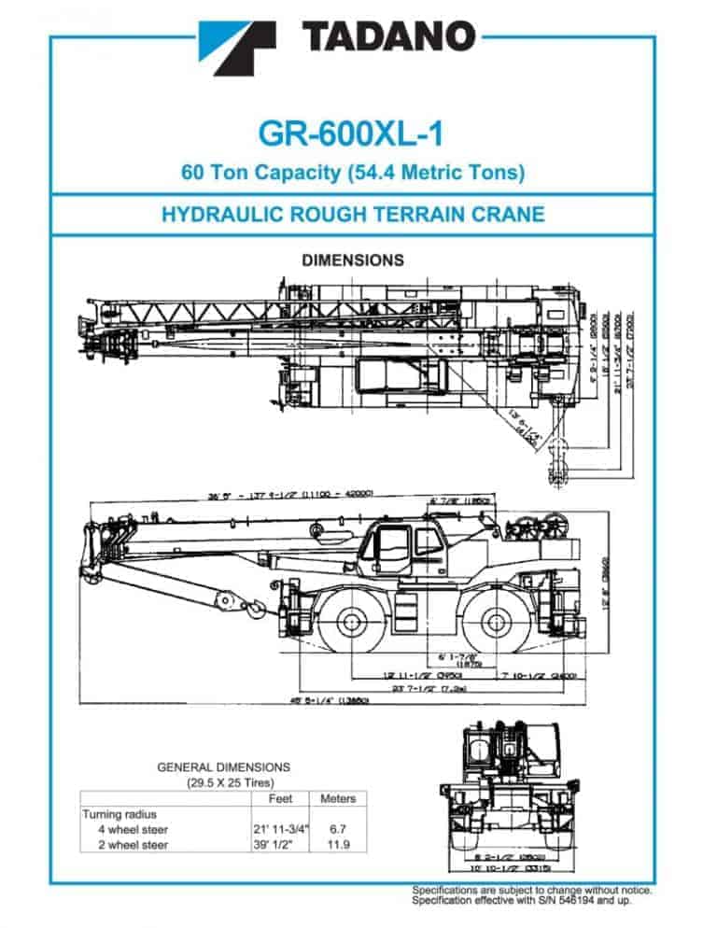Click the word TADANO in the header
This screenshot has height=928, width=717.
coord(388,37)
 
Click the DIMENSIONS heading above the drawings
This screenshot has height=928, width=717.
coord(352,260)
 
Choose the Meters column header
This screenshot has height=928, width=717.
coord(337,799)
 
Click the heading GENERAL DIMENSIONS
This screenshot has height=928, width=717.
coord(223,767)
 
